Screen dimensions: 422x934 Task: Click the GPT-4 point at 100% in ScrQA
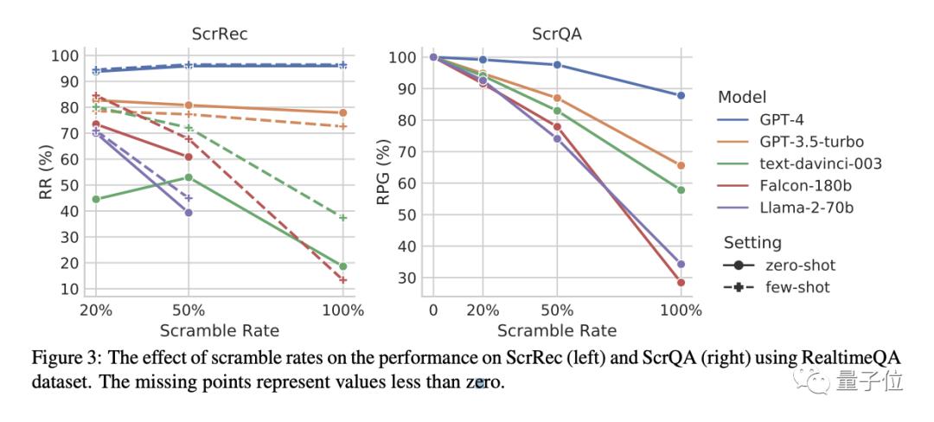coord(681,95)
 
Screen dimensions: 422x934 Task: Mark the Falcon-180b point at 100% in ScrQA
coord(681,283)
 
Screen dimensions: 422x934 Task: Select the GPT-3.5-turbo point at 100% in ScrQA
coord(681,165)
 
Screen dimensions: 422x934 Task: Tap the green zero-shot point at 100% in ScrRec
coord(342,266)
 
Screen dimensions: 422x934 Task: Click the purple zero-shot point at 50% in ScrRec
coord(189,213)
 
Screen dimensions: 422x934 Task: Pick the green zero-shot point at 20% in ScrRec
coord(96,200)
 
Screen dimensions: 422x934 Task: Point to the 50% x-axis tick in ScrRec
coord(189,310)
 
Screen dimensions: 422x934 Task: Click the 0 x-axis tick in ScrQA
coord(433,310)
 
